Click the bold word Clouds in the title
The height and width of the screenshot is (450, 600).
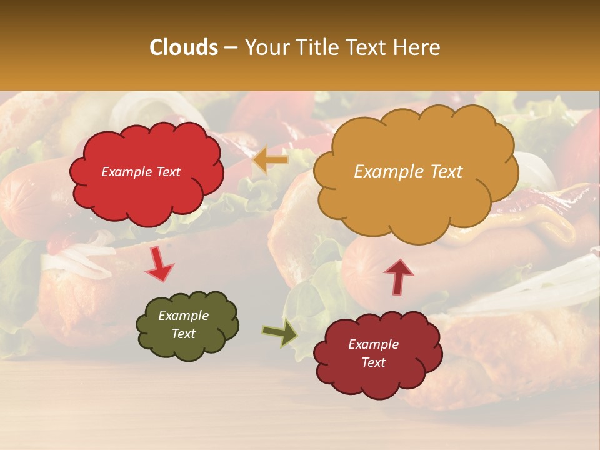coord(184,47)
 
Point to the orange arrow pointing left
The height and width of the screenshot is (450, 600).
coord(271,160)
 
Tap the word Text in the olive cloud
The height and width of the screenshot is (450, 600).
coord(184,334)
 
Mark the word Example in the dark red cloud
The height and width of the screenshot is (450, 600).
coord(373,344)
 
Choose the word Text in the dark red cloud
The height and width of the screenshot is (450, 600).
coord(373,362)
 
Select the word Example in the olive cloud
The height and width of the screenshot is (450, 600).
coord(184,316)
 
